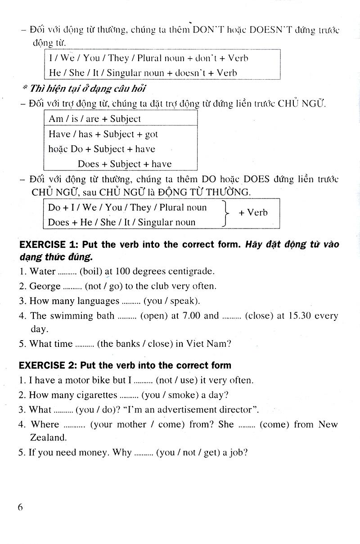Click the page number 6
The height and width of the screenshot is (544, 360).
click(20, 507)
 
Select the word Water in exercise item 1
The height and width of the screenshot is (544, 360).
click(42, 271)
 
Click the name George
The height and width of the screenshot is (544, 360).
click(45, 286)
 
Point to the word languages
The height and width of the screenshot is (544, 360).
click(98, 301)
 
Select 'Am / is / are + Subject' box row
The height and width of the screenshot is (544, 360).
click(94, 119)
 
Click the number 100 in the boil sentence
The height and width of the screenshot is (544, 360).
click(123, 271)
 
